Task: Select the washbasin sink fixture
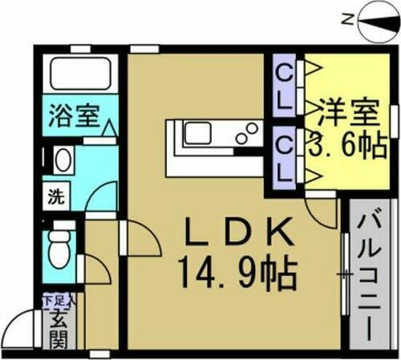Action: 62,160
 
